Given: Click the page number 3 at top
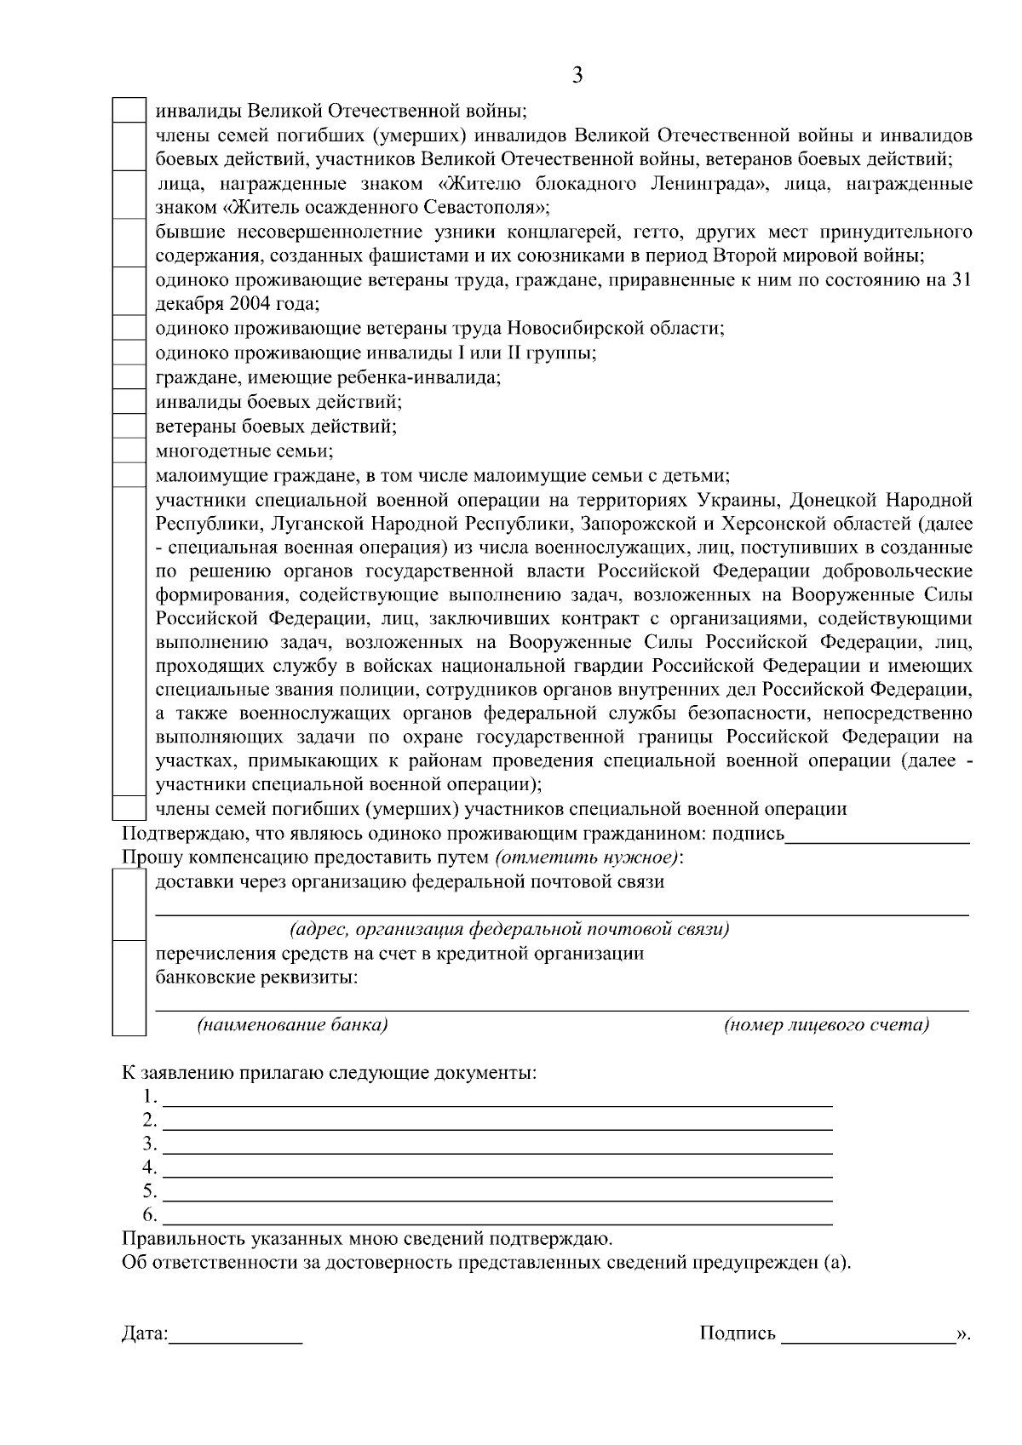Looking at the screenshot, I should [577, 77].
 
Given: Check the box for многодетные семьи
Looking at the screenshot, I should [130, 450].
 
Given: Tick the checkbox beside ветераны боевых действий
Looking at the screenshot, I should [130, 426].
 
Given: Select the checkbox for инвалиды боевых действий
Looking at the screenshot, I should [130, 401].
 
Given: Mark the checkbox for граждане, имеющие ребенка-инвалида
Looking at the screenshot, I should [130, 376].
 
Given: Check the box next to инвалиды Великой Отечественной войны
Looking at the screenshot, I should [130, 111].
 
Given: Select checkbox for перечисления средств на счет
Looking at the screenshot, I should [130, 988].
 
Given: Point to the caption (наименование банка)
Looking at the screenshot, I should [292, 1025].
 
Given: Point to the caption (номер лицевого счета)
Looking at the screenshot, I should [826, 1025].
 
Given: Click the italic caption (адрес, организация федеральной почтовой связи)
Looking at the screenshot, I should [509, 929].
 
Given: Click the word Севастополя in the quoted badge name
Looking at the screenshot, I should [485, 207].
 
